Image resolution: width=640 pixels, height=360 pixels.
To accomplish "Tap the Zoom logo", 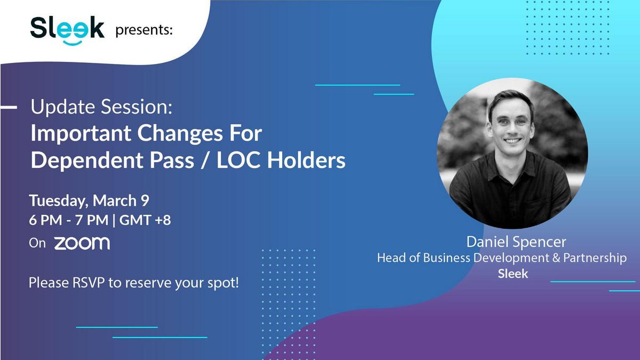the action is (82, 243).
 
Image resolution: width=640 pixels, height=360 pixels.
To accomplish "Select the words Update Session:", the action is (101, 107).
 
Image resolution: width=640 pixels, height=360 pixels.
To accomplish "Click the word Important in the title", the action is (81, 134).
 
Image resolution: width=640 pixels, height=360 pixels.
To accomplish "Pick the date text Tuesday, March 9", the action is (89, 201).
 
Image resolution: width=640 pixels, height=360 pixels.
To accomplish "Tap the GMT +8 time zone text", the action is (145, 220).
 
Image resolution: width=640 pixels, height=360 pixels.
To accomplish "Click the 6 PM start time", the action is (45, 220).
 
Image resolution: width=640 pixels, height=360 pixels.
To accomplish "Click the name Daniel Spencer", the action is (516, 242).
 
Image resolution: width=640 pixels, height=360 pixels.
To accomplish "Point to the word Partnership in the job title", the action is (595, 258).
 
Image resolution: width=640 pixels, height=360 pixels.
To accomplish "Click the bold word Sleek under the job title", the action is (513, 274).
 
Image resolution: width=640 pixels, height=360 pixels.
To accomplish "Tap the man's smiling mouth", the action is (513, 141).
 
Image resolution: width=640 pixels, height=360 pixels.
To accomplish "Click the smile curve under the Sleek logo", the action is (73, 43).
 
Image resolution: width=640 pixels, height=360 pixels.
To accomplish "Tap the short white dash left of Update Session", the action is (9, 107).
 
